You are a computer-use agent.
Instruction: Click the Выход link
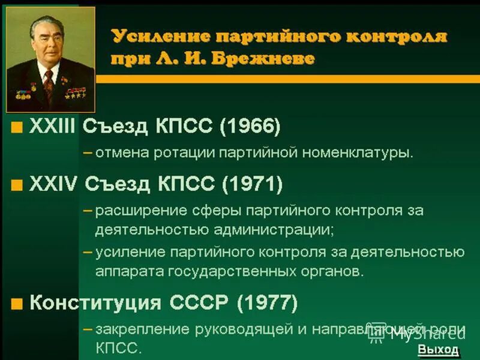pos(438,350)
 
